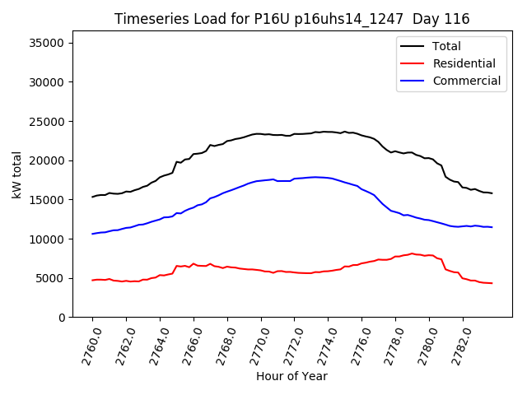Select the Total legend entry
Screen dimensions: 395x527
(446, 46)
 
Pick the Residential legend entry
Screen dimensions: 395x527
(464, 63)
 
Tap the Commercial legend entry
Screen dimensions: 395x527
(466, 81)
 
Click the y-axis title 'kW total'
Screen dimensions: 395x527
(18, 174)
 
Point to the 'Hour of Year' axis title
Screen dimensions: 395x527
(291, 376)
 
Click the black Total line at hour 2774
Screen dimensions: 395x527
(328, 132)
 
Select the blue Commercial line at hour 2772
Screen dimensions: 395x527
(294, 179)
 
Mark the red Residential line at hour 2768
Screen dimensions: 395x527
(227, 267)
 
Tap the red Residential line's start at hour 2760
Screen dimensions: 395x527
(93, 280)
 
